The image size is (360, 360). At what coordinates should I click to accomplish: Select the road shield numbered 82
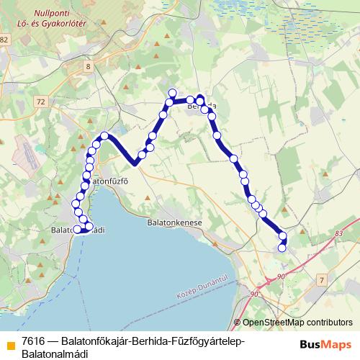pos(4,40)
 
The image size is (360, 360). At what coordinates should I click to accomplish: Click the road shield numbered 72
pos(40,102)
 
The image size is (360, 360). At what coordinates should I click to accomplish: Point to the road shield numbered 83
pos(339,233)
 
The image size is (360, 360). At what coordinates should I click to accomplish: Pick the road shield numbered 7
pos(322,278)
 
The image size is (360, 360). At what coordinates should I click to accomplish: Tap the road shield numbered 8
pos(88,66)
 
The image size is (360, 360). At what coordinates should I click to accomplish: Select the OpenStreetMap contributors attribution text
pos(297,323)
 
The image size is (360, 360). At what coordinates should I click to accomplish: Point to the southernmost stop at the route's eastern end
pos(282,248)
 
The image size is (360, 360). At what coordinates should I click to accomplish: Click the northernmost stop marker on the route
pos(173,92)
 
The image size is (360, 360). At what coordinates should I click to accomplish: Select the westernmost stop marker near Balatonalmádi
pos(77,230)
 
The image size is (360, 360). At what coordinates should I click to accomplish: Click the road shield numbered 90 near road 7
pos(280,276)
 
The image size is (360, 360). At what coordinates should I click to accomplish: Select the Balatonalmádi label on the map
pos(80,230)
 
